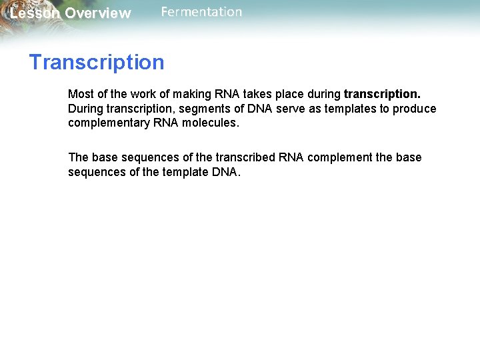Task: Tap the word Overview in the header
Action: point(98,13)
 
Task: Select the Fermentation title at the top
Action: point(201,12)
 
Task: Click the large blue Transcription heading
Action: point(97,62)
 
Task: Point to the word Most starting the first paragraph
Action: point(80,94)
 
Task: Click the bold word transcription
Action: point(382,94)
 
